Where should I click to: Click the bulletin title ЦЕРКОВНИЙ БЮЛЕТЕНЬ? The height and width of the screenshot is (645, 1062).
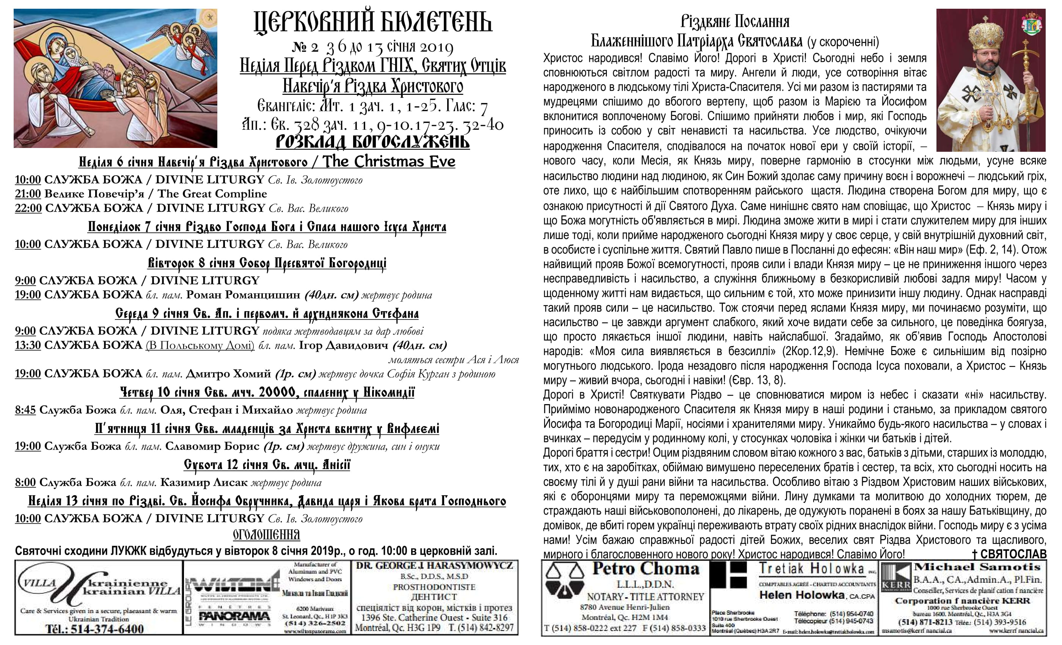[373, 22]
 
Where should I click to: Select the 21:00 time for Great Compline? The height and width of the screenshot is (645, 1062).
[28, 193]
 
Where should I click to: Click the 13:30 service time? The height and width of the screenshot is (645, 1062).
[28, 345]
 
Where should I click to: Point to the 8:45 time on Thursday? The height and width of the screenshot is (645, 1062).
[25, 410]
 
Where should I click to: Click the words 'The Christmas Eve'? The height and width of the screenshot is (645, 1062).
[389, 162]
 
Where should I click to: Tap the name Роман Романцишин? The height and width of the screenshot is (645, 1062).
[243, 295]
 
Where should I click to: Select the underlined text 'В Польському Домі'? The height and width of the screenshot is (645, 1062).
[200, 345]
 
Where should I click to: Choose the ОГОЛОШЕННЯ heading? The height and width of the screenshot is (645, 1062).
[266, 535]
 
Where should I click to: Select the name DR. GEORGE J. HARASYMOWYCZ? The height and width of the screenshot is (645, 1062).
[434, 566]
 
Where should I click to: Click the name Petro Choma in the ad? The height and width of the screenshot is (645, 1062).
[645, 569]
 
